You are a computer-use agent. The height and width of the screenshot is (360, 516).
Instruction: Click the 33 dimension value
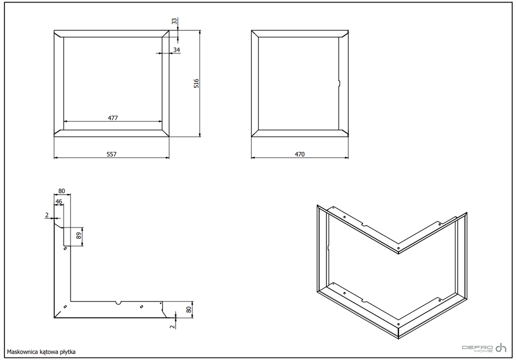point(174,21)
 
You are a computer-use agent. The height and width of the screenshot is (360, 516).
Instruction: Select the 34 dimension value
point(177,50)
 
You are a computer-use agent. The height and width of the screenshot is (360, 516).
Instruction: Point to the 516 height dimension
point(197,83)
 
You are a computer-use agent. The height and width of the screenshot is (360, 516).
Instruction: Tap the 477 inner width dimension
point(113,118)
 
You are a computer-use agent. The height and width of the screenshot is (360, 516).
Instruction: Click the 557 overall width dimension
point(111,154)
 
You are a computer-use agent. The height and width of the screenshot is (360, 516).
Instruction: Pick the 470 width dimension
point(299,154)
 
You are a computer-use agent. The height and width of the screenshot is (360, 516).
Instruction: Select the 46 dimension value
point(58,202)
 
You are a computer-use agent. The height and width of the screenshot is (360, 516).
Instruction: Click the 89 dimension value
point(79,236)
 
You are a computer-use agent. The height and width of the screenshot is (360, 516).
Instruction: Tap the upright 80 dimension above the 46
point(61,191)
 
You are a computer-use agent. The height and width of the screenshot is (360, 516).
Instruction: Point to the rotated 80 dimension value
point(188,310)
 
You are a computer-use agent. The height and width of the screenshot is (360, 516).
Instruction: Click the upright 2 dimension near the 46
point(47,215)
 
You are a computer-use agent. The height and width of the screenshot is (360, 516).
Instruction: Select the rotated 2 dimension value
point(172,326)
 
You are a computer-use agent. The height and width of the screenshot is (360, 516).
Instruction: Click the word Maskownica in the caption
point(22,352)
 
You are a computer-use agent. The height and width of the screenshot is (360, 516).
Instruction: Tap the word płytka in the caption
point(68,352)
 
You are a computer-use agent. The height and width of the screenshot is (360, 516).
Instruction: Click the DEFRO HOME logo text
point(478,348)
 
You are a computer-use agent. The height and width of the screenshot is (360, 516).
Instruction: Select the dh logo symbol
point(501,347)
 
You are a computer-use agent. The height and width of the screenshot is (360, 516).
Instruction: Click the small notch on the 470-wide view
point(339,83)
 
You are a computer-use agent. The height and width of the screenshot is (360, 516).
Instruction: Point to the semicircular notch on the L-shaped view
point(118,303)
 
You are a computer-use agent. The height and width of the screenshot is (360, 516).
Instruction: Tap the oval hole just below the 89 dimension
point(66,249)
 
